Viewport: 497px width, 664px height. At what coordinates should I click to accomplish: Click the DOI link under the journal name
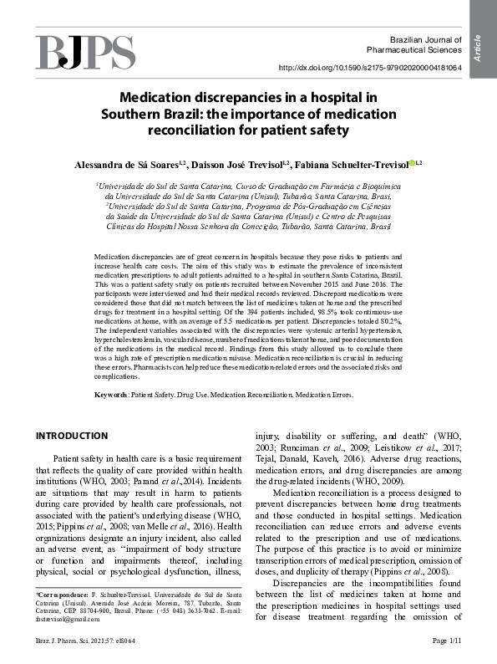click(x=381, y=68)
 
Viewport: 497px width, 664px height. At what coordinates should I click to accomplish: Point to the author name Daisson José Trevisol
click(x=243, y=164)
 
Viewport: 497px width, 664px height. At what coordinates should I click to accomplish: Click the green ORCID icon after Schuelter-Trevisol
click(x=413, y=163)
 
